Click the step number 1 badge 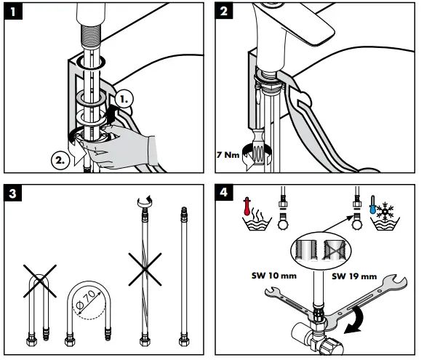[13, 12]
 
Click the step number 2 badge [224, 11]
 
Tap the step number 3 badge [12, 193]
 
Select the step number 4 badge [224, 193]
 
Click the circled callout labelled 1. [124, 99]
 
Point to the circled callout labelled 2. [60, 161]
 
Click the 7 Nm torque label [228, 155]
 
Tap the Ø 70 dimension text [85, 300]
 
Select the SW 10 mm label [274, 276]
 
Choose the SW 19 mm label [354, 276]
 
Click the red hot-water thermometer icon [247, 207]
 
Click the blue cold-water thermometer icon [373, 205]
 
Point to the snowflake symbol [385, 210]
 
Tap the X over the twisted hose [145, 269]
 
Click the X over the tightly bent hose [40, 281]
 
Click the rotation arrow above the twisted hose [145, 201]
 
